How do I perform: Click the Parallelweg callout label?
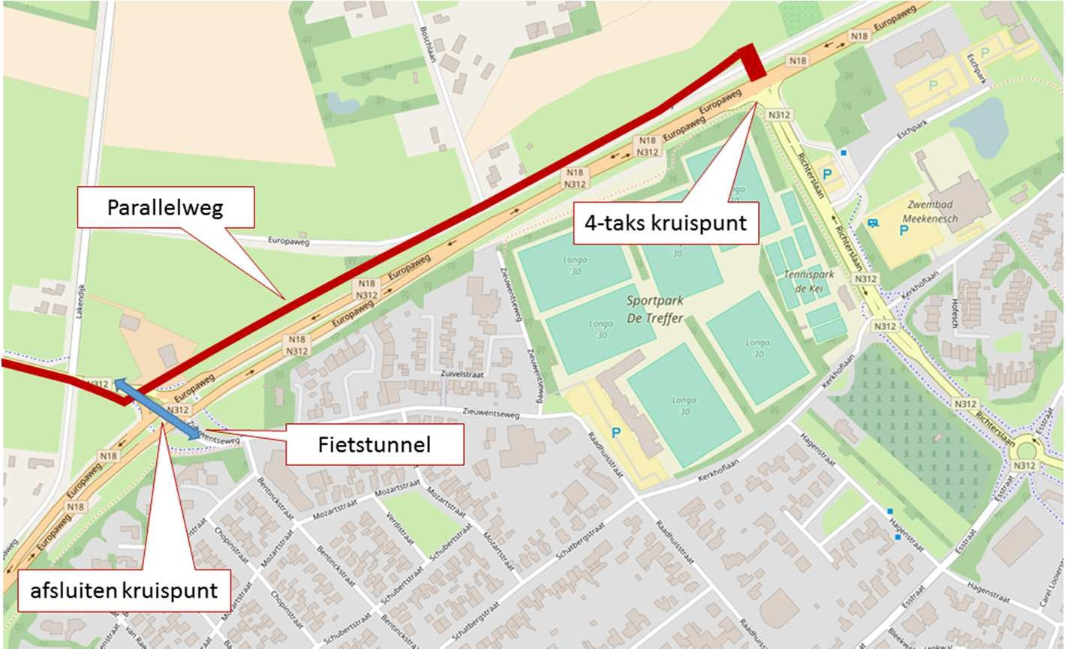pos(166,208)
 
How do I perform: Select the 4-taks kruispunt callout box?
pos(666,223)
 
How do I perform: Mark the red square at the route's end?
pos(753,63)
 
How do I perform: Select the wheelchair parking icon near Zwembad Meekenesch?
pos(872,223)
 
